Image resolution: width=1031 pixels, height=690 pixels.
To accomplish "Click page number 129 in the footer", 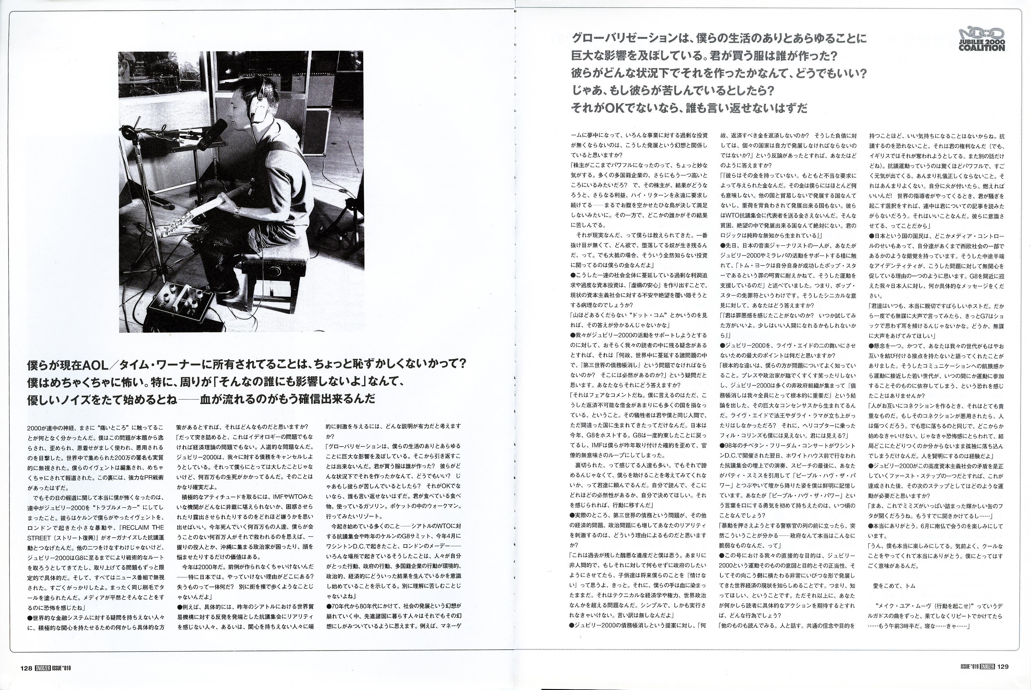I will coord(1003,666).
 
